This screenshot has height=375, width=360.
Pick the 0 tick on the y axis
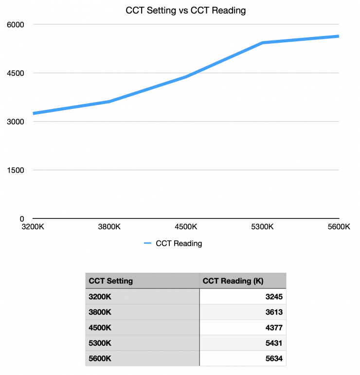[x=21, y=219]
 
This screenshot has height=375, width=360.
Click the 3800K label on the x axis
[x=110, y=227]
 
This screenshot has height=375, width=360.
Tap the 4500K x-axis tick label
[x=186, y=227]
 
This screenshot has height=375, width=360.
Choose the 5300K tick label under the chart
[x=263, y=227]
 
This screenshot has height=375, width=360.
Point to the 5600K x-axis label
[x=339, y=227]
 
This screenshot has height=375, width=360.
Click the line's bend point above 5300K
[x=263, y=43]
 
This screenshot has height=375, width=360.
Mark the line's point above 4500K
[x=186, y=77]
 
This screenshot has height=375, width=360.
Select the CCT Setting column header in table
[x=111, y=281]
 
